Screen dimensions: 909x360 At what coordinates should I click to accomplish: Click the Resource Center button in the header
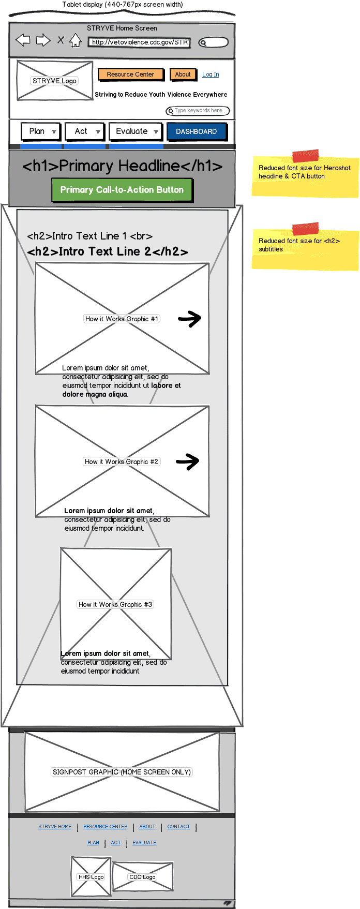[130, 74]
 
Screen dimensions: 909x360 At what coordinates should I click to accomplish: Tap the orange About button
[183, 74]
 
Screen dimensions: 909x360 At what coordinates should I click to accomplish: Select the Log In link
[211, 74]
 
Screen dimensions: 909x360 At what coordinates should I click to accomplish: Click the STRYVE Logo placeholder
[54, 81]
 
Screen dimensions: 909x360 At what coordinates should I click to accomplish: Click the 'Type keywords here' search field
[199, 111]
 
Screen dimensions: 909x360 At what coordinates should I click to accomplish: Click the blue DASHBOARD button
[197, 131]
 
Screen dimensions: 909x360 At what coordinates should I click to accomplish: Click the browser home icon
[76, 40]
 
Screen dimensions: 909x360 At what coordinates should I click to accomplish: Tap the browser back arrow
[23, 40]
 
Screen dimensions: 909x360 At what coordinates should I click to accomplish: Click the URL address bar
[139, 42]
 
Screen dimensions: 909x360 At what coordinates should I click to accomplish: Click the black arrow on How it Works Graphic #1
[189, 319]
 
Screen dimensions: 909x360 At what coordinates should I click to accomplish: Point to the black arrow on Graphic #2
[188, 461]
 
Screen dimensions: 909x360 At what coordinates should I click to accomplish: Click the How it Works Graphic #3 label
[115, 604]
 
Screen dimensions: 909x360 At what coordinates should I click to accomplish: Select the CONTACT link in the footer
[178, 827]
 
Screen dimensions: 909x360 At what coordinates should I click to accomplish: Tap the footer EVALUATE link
[144, 843]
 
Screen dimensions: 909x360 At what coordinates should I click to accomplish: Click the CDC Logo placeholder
[143, 877]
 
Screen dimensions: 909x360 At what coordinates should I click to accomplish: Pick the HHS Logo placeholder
[91, 877]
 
